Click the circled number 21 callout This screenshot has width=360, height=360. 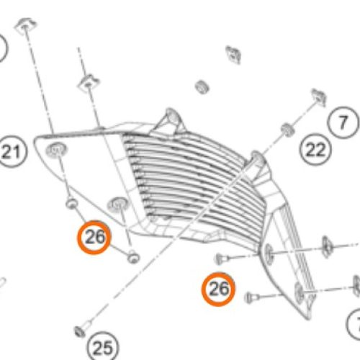point(12,152)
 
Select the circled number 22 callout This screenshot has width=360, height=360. point(315,150)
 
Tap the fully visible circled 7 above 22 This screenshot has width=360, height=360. point(343,122)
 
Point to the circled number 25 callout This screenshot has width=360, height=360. point(103,347)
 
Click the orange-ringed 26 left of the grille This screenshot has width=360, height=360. point(94,237)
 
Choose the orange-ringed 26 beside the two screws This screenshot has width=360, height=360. point(218,289)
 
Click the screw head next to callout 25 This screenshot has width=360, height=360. point(80,332)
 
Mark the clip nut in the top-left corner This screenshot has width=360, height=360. point(25,25)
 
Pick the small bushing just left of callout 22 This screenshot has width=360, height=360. point(287,130)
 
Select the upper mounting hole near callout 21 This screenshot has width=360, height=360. point(56,150)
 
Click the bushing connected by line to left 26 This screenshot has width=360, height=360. point(132,256)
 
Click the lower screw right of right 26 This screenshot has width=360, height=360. point(250,298)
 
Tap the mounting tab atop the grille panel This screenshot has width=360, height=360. point(171,118)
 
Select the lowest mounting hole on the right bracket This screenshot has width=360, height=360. point(300,293)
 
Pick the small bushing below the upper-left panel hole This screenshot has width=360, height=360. point(71,203)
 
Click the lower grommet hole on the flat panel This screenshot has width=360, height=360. point(117,204)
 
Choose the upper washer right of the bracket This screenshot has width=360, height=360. point(325,247)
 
